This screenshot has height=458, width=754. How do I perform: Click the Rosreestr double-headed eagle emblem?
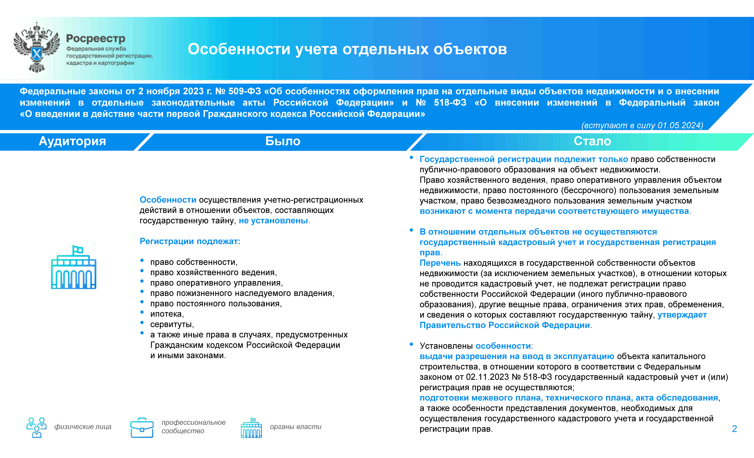[37, 47]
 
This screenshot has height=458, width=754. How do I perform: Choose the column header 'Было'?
[283, 141]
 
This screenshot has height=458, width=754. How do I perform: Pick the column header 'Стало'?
[592, 141]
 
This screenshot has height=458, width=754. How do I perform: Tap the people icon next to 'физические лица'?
[36, 427]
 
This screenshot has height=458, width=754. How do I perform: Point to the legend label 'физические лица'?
[83, 427]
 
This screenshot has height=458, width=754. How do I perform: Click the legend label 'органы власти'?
[296, 427]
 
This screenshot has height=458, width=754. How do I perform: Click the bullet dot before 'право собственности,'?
[142, 261]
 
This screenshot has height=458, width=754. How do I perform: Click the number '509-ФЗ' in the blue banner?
[245, 91]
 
